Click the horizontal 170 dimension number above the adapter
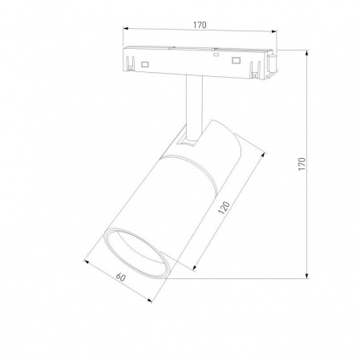[x=200, y=25]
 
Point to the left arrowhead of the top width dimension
[x=124, y=33]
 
